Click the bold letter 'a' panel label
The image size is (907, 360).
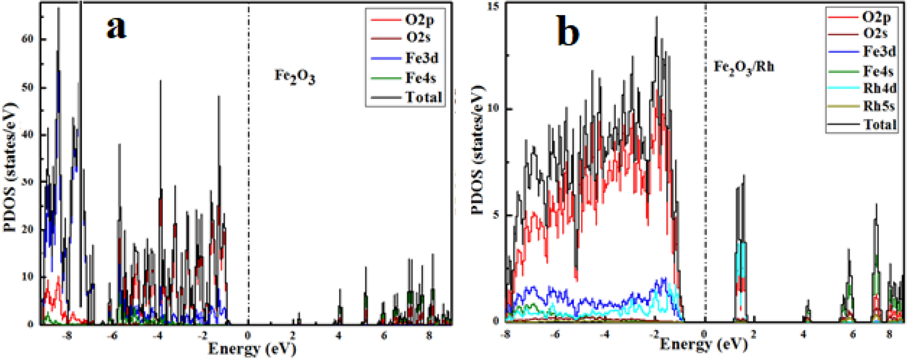[117, 28]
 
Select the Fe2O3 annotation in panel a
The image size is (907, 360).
[295, 75]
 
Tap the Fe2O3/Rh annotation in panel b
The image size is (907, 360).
[744, 68]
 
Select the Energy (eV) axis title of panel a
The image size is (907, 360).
[252, 349]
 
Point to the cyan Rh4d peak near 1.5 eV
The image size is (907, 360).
[740, 262]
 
